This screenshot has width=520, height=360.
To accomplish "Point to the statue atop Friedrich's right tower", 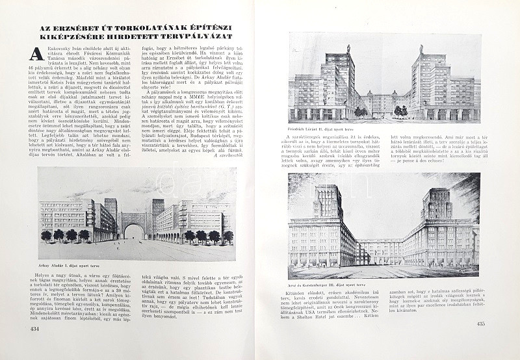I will [421, 48].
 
